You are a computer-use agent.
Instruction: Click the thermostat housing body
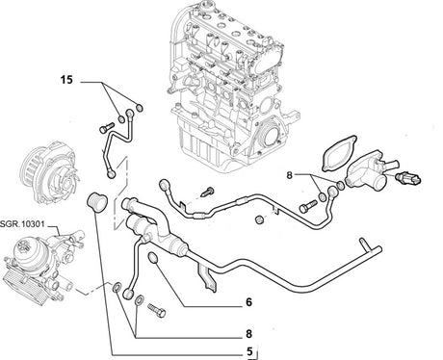point(364,171)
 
